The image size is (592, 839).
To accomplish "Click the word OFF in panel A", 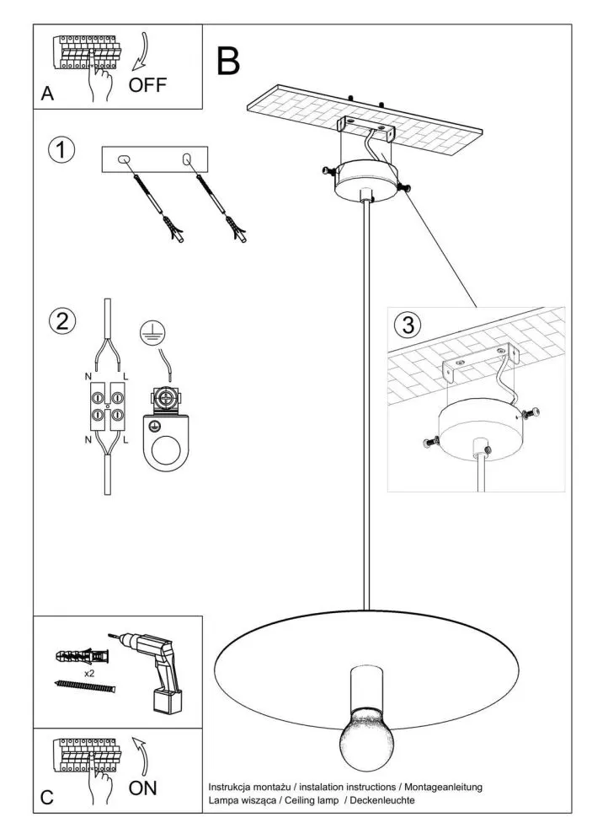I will click(x=148, y=84).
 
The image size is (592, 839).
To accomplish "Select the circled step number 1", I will click(x=61, y=150).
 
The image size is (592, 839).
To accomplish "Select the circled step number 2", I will click(x=61, y=321).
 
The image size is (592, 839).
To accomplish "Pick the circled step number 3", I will click(x=408, y=325).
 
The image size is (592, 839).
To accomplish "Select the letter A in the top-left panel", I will click(x=47, y=95).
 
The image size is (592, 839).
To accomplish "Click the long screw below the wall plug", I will click(x=83, y=687).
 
